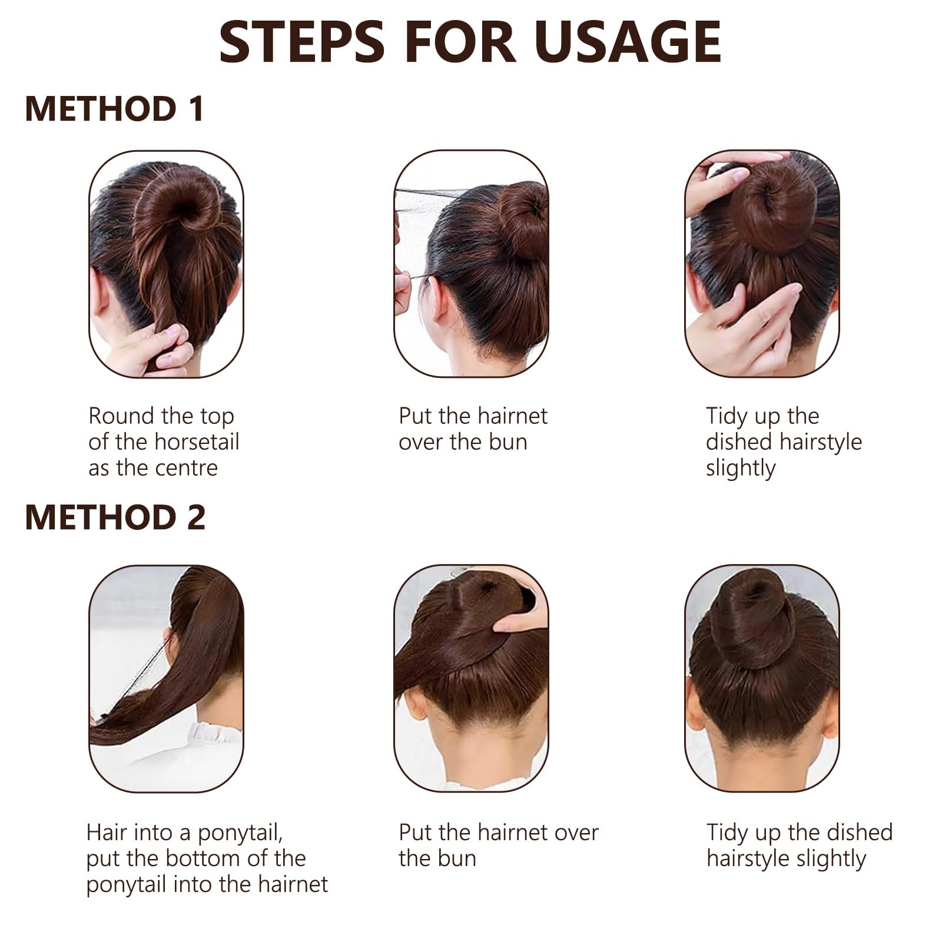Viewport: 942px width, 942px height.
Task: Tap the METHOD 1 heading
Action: click(115, 109)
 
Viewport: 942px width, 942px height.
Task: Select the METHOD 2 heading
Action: click(115, 517)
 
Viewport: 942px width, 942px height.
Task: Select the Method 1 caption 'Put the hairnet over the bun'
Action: click(473, 429)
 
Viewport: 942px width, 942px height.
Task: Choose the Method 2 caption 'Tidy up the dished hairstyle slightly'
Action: click(800, 845)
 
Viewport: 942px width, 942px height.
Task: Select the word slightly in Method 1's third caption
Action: click(741, 469)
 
